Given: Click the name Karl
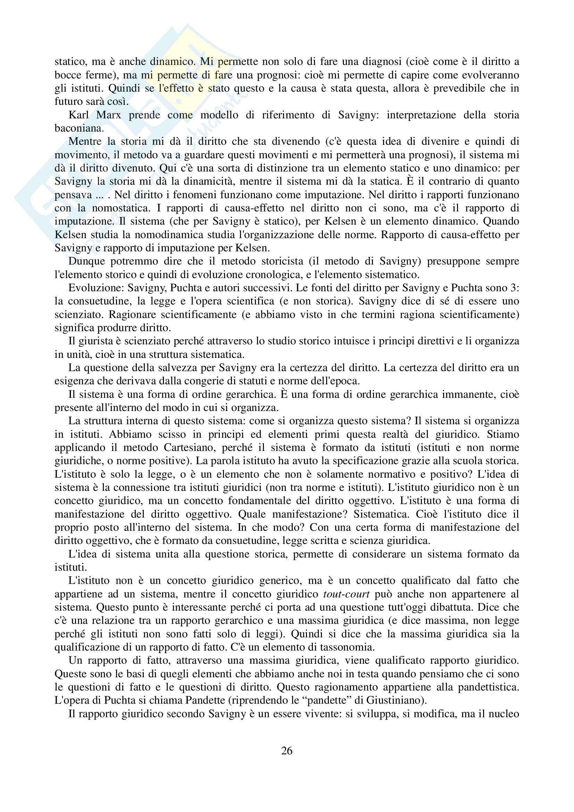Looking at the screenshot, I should pyautogui.click(x=79, y=115).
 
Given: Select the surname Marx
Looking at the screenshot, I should pyautogui.click(x=108, y=115).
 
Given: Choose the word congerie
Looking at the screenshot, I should pyautogui.click(x=222, y=381).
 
